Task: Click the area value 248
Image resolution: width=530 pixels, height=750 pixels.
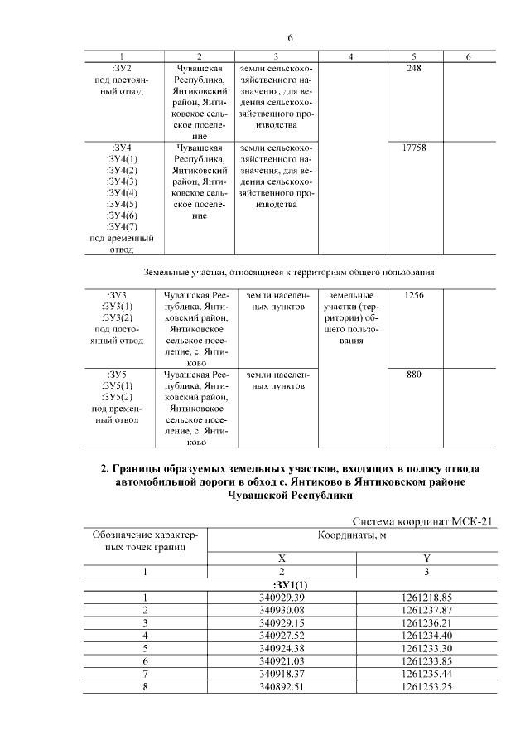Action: coord(414,68)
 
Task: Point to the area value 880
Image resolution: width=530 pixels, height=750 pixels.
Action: coord(414,375)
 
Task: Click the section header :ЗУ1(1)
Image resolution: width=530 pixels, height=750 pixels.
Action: coord(282,584)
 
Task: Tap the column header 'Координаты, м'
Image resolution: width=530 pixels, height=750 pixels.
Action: coord(354,536)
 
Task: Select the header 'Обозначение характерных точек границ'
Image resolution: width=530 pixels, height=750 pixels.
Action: coord(145,541)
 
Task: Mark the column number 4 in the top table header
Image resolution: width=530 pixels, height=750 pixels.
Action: coord(351,56)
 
